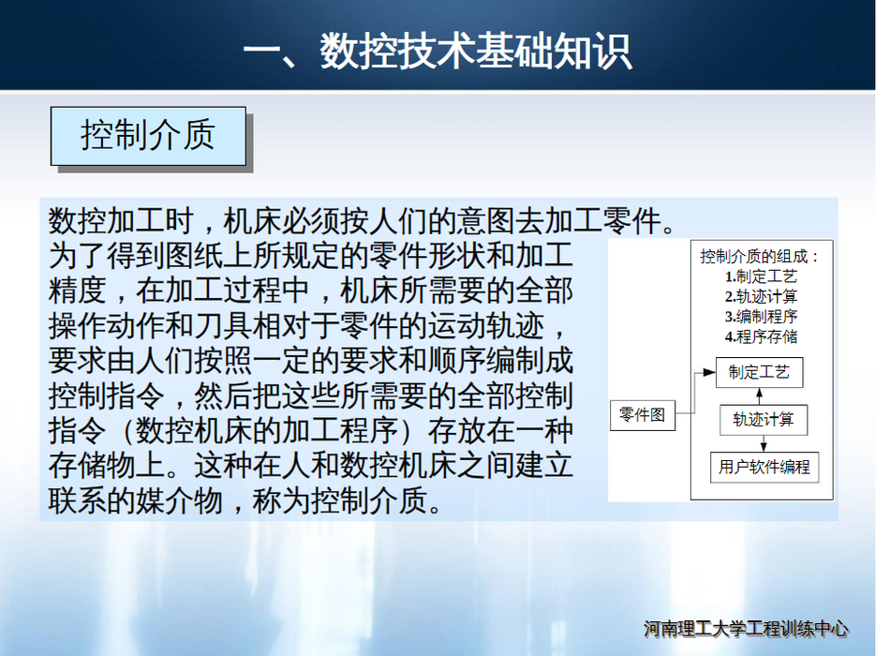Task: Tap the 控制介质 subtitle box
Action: pos(148,136)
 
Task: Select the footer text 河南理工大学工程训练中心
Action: pos(746,629)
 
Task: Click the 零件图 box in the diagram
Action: pos(643,415)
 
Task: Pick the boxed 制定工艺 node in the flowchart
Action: pos(759,373)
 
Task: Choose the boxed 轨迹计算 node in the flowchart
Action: pos(763,420)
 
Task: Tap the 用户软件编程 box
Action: pos(764,468)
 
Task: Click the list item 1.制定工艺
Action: pos(761,276)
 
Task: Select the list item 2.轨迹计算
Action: pos(761,296)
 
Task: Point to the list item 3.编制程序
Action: pos(761,317)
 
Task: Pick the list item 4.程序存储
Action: pos(761,336)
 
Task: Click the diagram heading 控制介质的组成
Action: pos(754,256)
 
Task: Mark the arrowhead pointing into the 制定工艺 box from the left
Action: pos(709,373)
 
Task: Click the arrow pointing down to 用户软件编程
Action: pos(764,443)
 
